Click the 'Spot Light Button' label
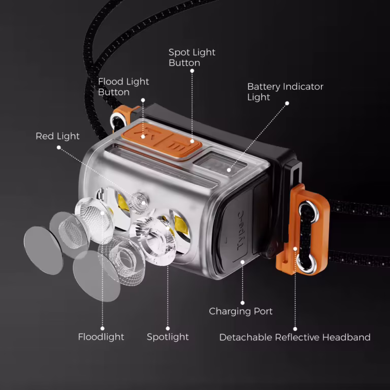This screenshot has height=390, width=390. [192, 57]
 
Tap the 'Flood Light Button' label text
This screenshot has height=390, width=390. [123, 87]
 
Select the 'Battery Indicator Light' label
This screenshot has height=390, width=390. [285, 92]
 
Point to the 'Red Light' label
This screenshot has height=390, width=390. [57, 136]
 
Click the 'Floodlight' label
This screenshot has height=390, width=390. [101, 337]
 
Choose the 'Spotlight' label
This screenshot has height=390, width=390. [168, 337]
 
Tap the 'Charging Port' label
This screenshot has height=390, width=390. [241, 311]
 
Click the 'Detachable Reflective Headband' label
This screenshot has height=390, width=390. [295, 337]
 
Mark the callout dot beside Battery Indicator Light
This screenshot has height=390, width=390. [287, 103]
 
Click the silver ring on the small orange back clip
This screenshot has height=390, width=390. [117, 120]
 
